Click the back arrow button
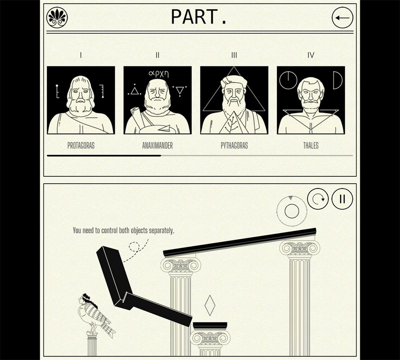click(x=342, y=18)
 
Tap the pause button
click(x=342, y=199)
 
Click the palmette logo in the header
click(x=57, y=17)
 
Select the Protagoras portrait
click(x=81, y=100)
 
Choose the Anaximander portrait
click(x=157, y=100)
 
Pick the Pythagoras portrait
click(x=234, y=100)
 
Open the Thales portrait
click(x=311, y=100)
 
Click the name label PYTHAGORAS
click(x=234, y=146)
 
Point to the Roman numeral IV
click(x=311, y=55)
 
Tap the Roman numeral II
click(x=157, y=55)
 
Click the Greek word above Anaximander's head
click(x=159, y=74)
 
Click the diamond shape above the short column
click(x=210, y=306)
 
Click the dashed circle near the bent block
click(x=134, y=247)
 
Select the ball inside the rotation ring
click(x=292, y=211)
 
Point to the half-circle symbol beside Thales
click(x=338, y=80)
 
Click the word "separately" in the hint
click(x=161, y=231)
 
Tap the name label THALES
click(x=311, y=146)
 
